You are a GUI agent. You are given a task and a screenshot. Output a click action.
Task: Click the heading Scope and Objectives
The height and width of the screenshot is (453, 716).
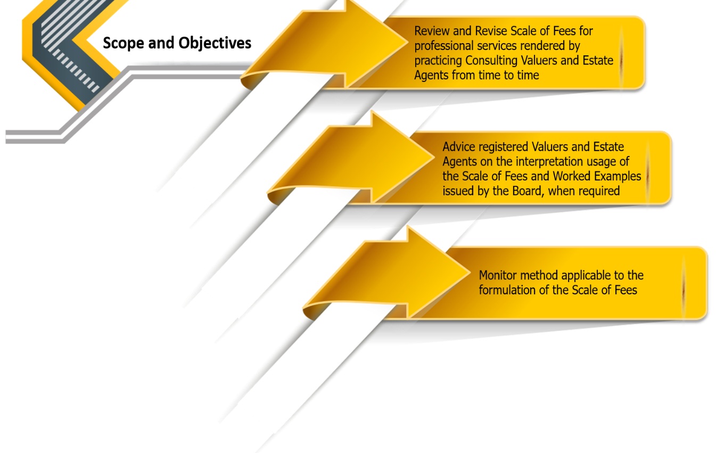(x=177, y=43)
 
